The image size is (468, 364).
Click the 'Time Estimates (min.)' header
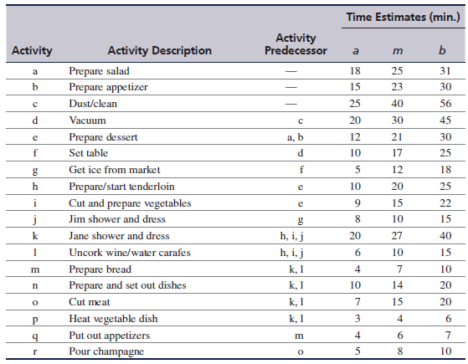(x=404, y=17)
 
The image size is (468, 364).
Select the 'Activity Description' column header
(x=160, y=50)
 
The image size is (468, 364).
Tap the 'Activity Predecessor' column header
(x=296, y=44)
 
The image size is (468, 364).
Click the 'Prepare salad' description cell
(x=99, y=71)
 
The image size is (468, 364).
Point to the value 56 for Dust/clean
(x=445, y=104)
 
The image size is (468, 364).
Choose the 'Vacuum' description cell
(x=87, y=120)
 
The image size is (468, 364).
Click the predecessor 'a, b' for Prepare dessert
(x=296, y=137)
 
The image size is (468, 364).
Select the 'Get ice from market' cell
(x=115, y=170)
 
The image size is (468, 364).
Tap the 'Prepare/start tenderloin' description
(x=121, y=187)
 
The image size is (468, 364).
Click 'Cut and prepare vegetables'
(x=130, y=203)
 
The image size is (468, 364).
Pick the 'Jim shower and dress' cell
(x=117, y=219)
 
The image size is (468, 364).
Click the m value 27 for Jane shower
(x=397, y=236)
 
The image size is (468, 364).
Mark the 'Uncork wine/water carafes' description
(x=130, y=253)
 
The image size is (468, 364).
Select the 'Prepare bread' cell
(x=100, y=269)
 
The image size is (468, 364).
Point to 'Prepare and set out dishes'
(x=127, y=285)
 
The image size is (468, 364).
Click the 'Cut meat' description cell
(x=90, y=302)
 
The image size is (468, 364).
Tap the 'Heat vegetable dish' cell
(x=113, y=319)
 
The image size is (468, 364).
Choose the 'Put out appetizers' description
(x=109, y=336)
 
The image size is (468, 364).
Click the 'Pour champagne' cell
(x=106, y=351)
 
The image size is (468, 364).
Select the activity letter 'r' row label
(x=35, y=352)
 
